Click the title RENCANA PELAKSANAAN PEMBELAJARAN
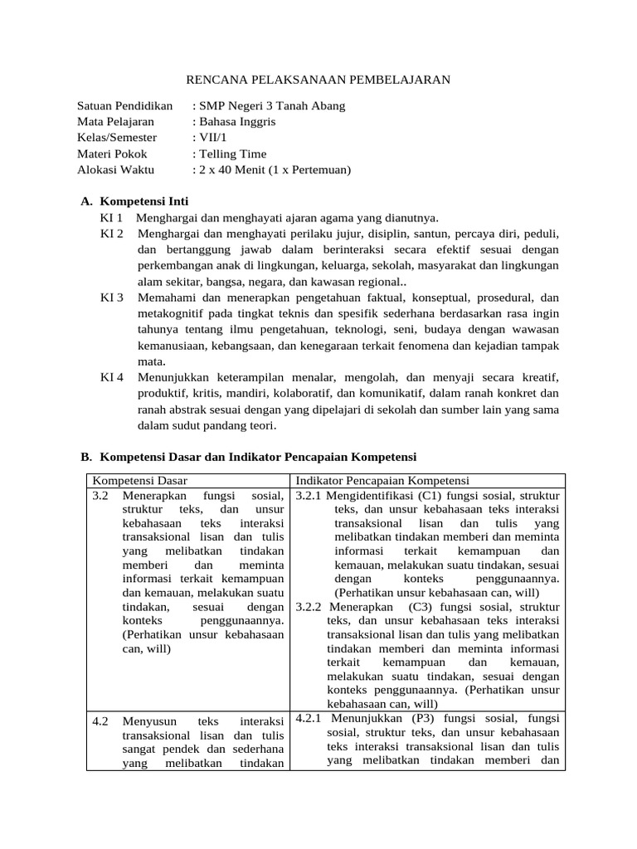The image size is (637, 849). pyautogui.click(x=317, y=80)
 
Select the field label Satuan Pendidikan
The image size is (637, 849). pyautogui.click(x=124, y=106)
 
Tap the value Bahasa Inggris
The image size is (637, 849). pyautogui.click(x=236, y=122)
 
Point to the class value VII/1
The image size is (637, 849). pyautogui.click(x=207, y=138)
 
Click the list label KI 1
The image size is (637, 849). pyautogui.click(x=111, y=218)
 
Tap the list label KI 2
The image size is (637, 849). pyautogui.click(x=111, y=234)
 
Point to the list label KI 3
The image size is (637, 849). pyautogui.click(x=111, y=297)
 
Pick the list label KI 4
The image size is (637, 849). pyautogui.click(x=111, y=377)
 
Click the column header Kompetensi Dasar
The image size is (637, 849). pyautogui.click(x=139, y=481)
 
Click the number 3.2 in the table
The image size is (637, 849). pyautogui.click(x=100, y=496)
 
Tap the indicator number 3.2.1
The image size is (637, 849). pyautogui.click(x=309, y=496)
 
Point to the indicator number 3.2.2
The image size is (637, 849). pyautogui.click(x=309, y=606)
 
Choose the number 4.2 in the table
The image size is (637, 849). pyautogui.click(x=100, y=721)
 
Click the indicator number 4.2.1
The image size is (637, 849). pyautogui.click(x=310, y=718)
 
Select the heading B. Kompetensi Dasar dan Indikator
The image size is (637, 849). pyautogui.click(x=248, y=457)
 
